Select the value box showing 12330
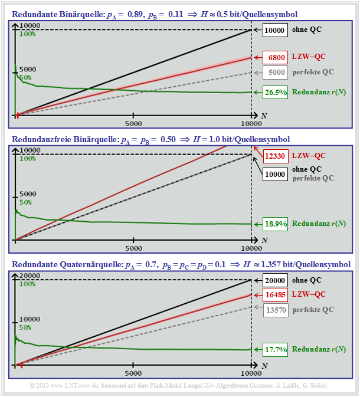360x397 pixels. click(x=276, y=156)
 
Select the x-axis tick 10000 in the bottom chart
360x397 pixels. click(x=251, y=373)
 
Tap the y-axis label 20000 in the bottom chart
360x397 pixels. click(x=27, y=275)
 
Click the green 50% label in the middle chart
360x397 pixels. click(x=25, y=202)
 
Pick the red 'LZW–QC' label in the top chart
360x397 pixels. click(x=309, y=57)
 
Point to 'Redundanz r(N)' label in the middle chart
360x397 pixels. click(x=319, y=224)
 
